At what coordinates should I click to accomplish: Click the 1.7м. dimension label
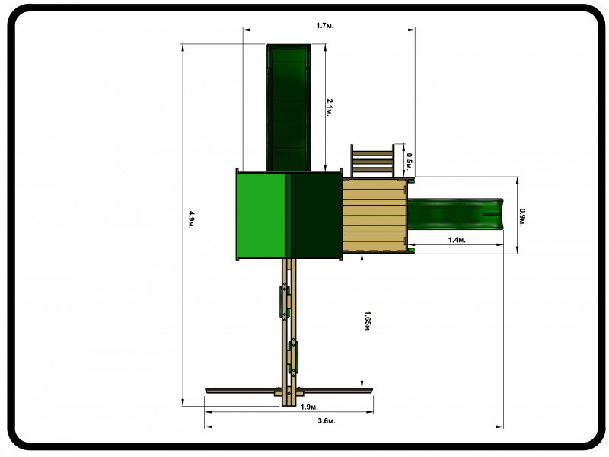tap(325, 26)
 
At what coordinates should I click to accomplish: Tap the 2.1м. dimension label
tap(330, 107)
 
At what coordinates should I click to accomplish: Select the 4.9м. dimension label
tap(192, 219)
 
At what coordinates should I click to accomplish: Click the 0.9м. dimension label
tap(522, 217)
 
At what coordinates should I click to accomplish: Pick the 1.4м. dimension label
tap(457, 240)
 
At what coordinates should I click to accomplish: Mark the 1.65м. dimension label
tap(368, 321)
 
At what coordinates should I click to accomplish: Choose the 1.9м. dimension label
tap(309, 407)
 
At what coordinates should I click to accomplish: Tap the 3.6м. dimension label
tap(327, 421)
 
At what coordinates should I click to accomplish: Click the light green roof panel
tap(261, 216)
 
